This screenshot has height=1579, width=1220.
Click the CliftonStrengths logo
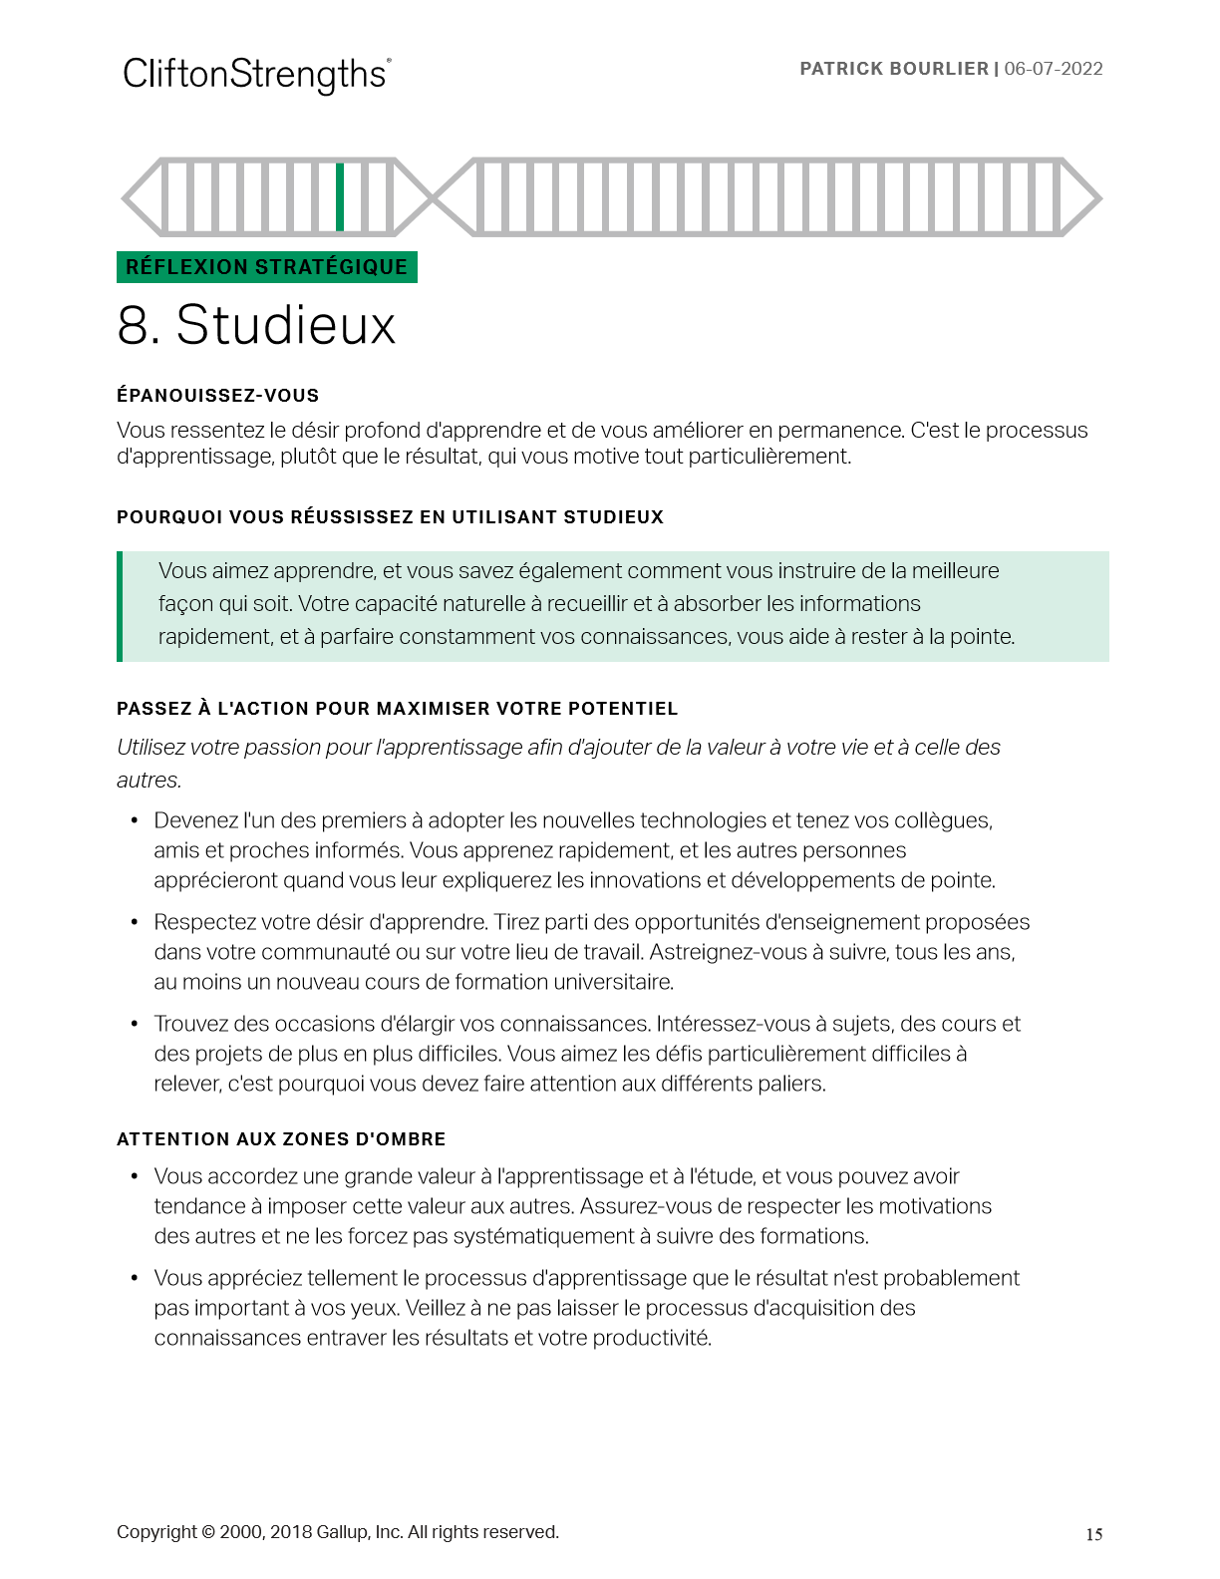256,75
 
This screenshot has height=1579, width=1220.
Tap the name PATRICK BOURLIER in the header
894,69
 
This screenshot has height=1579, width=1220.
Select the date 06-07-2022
1054,69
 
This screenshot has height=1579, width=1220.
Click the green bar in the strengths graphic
340,196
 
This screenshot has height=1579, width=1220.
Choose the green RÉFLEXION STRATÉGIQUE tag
266,267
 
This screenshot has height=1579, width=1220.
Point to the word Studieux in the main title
286,326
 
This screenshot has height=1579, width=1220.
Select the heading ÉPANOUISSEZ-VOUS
217,396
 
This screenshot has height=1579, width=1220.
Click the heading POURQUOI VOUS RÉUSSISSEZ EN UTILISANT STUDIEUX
390,517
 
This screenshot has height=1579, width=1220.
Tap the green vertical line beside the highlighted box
120,606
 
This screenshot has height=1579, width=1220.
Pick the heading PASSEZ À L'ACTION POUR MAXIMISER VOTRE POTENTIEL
397,709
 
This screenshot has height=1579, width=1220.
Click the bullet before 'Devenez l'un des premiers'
135,820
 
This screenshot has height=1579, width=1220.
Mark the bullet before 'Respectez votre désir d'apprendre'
135,922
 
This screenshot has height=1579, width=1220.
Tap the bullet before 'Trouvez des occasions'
135,1024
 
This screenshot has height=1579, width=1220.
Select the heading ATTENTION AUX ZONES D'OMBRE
281,1139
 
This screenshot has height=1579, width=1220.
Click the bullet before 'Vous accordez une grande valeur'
135,1176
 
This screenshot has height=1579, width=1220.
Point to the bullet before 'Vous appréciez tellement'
135,1278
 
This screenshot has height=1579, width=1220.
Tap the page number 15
1093,1535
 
